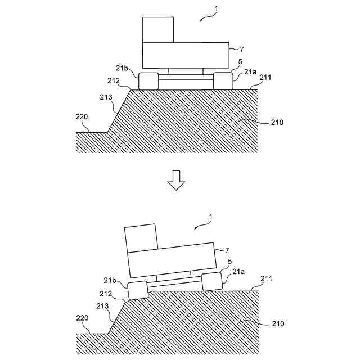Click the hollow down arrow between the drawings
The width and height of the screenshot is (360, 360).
176,181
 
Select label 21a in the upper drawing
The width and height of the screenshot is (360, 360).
250,72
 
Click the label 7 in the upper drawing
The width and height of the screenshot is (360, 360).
241,49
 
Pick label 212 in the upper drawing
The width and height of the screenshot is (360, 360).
114,80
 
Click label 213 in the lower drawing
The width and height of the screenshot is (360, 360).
102,305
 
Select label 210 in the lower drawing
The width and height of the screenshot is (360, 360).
277,324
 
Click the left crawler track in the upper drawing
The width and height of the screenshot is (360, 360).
148,80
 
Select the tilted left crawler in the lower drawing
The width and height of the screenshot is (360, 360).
138,290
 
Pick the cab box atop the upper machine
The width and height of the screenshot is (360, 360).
158,30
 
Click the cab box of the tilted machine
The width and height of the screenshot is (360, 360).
141,238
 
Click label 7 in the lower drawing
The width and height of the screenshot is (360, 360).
227,250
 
